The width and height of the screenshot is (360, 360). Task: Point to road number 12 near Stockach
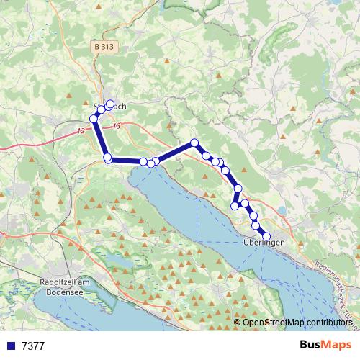[x=79, y=130]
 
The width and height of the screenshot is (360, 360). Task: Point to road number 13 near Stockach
[x=117, y=126]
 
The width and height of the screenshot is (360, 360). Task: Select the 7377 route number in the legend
[x=33, y=346]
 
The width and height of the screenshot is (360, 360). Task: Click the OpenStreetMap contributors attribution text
[x=297, y=323]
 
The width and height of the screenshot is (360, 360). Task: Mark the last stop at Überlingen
[x=266, y=236]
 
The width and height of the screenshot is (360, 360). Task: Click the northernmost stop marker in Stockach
[x=110, y=104]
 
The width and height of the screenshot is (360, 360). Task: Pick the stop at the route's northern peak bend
[x=194, y=143]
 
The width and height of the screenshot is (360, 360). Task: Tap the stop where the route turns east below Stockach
[x=107, y=157]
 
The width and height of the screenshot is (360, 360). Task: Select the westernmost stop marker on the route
[x=93, y=118]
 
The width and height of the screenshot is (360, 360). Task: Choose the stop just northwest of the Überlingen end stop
[x=257, y=225]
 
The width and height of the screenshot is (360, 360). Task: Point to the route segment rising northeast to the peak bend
[x=175, y=151]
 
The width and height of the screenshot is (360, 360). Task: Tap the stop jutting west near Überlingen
[x=234, y=207]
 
